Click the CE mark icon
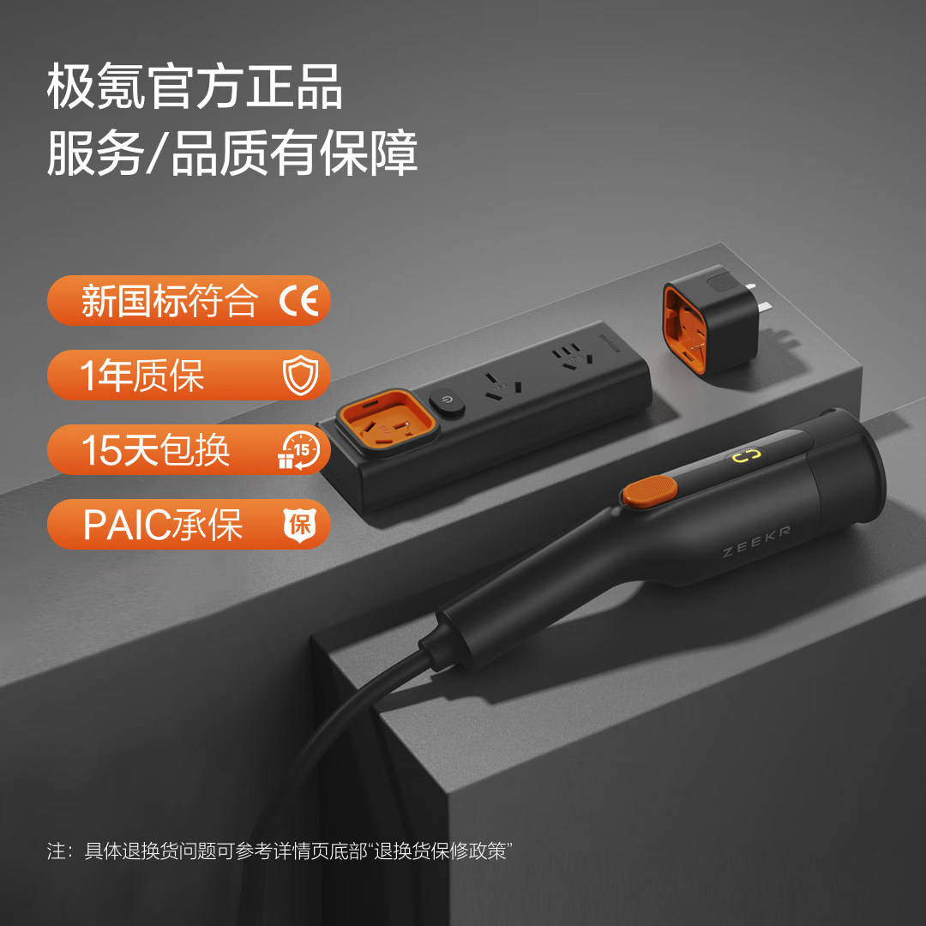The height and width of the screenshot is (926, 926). click(x=299, y=301)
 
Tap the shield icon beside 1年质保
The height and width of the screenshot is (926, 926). click(x=300, y=376)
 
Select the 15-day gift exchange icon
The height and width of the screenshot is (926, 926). click(x=299, y=449)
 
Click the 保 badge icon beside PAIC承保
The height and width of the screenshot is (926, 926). click(x=300, y=524)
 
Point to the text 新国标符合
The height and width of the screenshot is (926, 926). click(x=170, y=301)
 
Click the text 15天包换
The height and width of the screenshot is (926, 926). click(x=155, y=450)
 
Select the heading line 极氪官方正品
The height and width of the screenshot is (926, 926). click(x=195, y=88)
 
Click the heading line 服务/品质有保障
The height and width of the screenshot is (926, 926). click(x=232, y=154)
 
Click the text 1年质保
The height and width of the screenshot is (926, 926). click(x=142, y=376)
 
